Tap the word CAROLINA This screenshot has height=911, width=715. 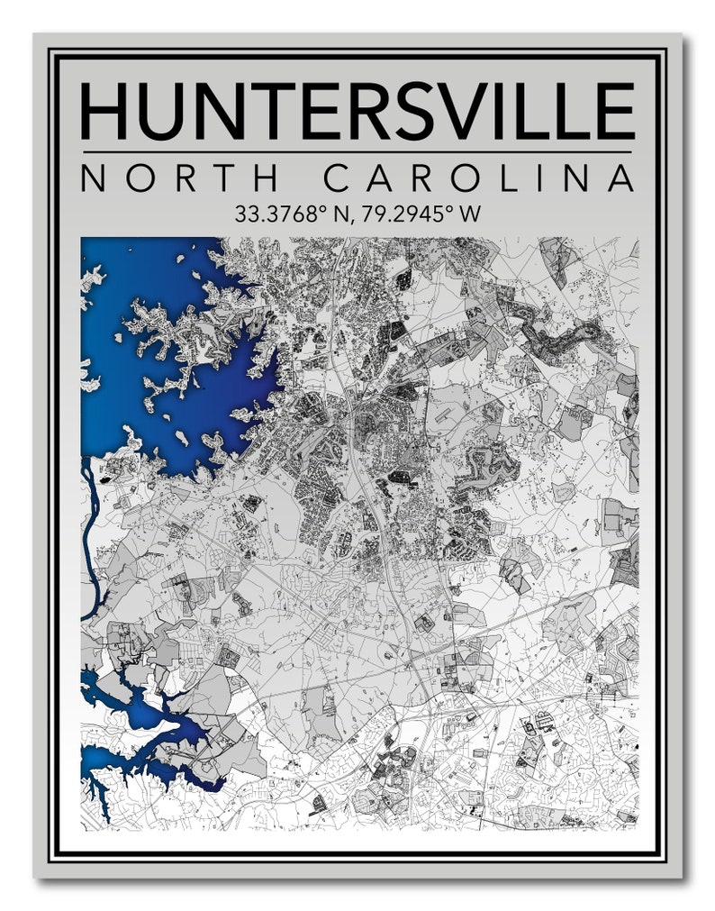point(479,178)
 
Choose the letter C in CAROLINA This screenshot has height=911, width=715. point(339,178)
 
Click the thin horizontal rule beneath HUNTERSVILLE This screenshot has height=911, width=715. point(357,150)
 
